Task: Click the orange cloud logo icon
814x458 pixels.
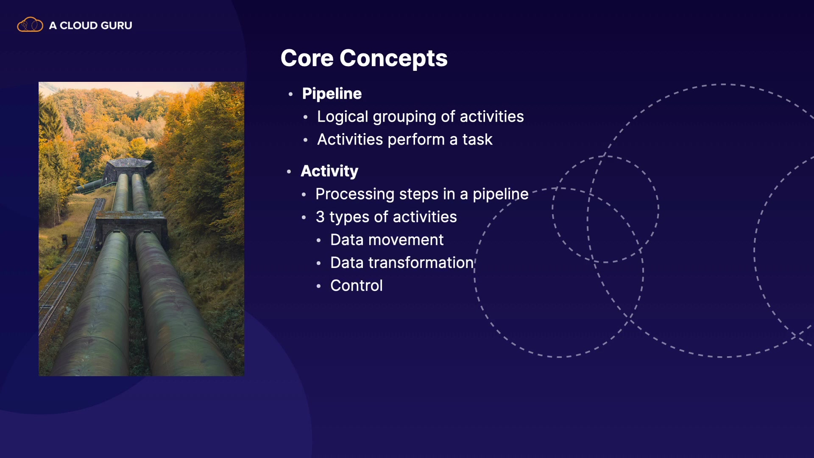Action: pos(30,25)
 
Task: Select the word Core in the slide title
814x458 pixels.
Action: pos(307,58)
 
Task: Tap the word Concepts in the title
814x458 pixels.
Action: pos(393,59)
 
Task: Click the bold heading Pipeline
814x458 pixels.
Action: pos(332,94)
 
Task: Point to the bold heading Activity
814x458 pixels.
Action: pos(329,171)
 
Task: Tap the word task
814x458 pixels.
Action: pos(477,140)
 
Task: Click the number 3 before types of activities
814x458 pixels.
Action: pos(320,217)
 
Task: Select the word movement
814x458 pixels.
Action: pos(406,240)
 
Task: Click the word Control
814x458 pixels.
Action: pos(357,286)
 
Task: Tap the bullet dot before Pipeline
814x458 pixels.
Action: pos(290,94)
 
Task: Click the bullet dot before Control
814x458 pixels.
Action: pos(318,286)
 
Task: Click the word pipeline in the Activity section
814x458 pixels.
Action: pos(501,195)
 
